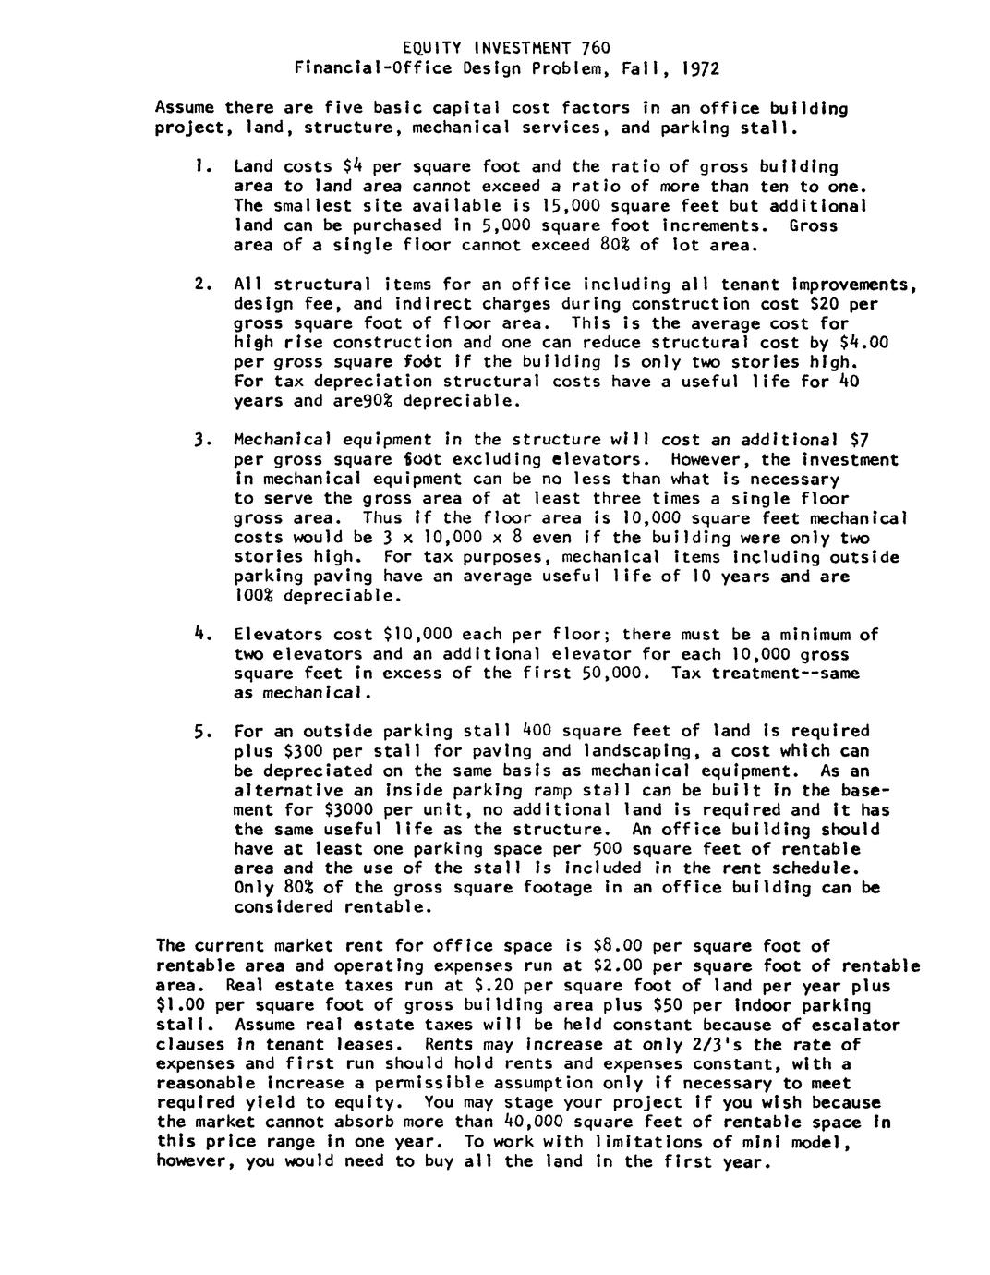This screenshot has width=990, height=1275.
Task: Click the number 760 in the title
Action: click(x=596, y=47)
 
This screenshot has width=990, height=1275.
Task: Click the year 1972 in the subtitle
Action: click(x=698, y=67)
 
